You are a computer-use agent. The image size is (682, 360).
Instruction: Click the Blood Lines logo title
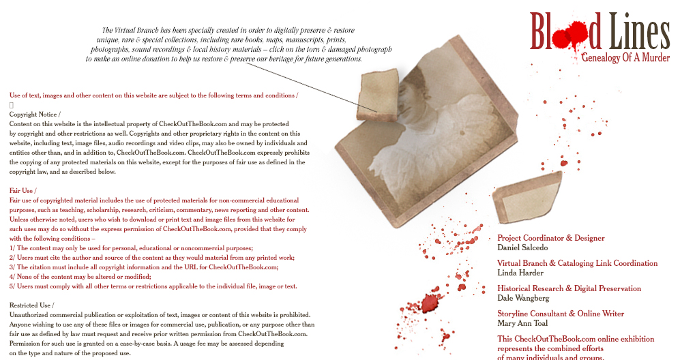pos(599,31)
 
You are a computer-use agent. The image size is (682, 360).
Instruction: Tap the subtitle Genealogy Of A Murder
pos(625,57)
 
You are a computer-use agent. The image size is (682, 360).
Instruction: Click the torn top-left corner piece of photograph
pos(378,95)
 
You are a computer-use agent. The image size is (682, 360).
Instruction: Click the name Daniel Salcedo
pos(522,247)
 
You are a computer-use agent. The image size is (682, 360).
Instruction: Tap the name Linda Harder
pos(520,273)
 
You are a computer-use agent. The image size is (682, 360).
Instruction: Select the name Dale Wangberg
pos(523,298)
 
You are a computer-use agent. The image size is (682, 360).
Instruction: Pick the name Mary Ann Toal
pos(522,323)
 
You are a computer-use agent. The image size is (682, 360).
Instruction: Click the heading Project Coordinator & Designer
pos(550,238)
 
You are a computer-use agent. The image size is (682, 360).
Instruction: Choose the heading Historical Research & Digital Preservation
pos(569,288)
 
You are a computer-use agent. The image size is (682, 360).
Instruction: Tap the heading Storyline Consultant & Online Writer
pos(561,314)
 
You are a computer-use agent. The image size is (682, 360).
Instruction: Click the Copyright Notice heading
pos(35,115)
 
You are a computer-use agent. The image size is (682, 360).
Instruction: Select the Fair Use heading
pos(23,190)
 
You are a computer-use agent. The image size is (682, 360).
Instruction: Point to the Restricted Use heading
pos(32,305)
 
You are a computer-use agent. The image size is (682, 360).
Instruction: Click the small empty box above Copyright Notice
pos(12,105)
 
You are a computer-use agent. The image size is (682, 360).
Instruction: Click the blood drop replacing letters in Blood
pos(569,35)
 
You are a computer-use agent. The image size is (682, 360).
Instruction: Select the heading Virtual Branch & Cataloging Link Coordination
pos(577,263)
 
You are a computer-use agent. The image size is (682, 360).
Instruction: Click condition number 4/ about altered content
pos(80,277)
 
